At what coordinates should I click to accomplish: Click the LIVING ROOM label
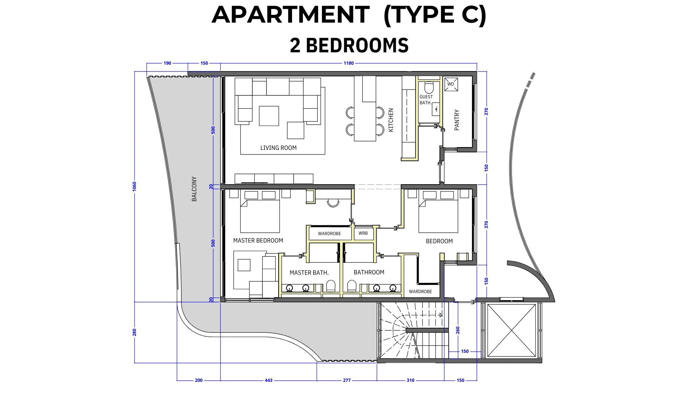[279, 148]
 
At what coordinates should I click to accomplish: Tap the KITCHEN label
[391, 120]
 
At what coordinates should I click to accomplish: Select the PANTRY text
[457, 120]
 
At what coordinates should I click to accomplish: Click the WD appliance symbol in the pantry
[451, 85]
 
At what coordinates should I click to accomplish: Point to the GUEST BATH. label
[426, 100]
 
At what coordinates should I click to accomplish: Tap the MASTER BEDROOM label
[258, 240]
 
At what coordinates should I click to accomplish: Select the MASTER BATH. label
[309, 273]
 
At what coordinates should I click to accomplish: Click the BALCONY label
[194, 189]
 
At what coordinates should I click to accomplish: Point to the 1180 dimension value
[348, 63]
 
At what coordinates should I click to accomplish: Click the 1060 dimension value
[135, 186]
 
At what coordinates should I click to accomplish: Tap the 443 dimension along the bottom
[269, 380]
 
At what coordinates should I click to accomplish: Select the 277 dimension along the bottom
[347, 380]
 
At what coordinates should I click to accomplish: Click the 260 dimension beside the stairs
[458, 330]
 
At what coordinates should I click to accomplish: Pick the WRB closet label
[363, 233]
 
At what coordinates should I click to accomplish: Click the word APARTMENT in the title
[291, 15]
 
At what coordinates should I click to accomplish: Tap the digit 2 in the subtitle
[295, 46]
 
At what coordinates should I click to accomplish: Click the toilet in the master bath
[331, 286]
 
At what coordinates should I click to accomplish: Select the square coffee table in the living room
[269, 116]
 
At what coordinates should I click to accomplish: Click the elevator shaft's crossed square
[512, 330]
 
